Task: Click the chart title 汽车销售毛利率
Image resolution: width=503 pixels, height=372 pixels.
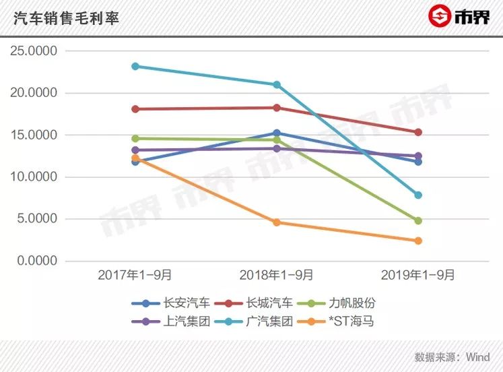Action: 67,18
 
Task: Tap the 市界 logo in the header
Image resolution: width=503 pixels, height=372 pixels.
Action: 457,16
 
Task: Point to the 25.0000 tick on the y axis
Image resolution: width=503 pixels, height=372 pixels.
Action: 38,51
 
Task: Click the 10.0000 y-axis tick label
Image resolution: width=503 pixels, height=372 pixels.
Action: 38,177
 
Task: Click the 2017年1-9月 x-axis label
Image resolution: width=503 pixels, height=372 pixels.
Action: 135,275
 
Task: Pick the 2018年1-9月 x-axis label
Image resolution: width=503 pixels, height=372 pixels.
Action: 276,275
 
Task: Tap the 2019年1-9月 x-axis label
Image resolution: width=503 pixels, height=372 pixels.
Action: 417,275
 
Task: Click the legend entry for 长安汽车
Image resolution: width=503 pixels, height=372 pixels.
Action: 178,303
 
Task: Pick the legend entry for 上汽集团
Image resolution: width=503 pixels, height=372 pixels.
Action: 178,321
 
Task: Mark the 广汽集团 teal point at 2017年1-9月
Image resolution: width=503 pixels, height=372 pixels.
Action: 135,66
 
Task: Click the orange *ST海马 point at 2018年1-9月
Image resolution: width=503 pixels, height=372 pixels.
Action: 277,222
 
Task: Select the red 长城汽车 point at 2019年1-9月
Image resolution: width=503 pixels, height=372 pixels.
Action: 418,132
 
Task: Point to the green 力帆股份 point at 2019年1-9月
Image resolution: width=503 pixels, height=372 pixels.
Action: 418,220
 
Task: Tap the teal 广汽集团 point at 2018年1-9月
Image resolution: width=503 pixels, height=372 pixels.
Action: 277,85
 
